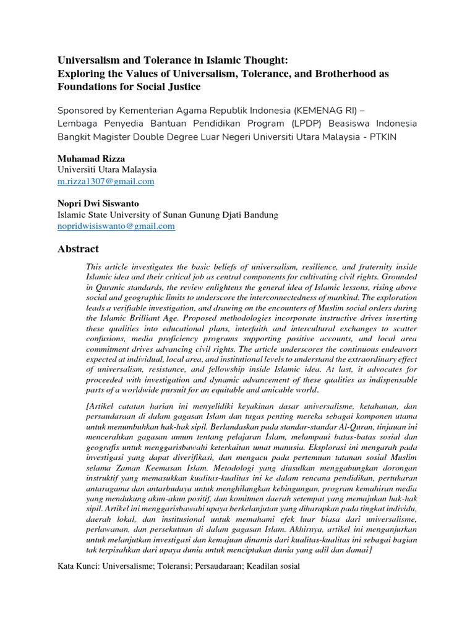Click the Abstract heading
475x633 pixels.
(78, 249)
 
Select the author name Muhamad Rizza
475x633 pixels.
(91, 159)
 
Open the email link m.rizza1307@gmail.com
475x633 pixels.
(106, 181)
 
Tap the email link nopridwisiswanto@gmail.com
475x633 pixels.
(116, 226)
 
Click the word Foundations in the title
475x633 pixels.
(85, 87)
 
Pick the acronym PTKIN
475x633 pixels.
(403, 136)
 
